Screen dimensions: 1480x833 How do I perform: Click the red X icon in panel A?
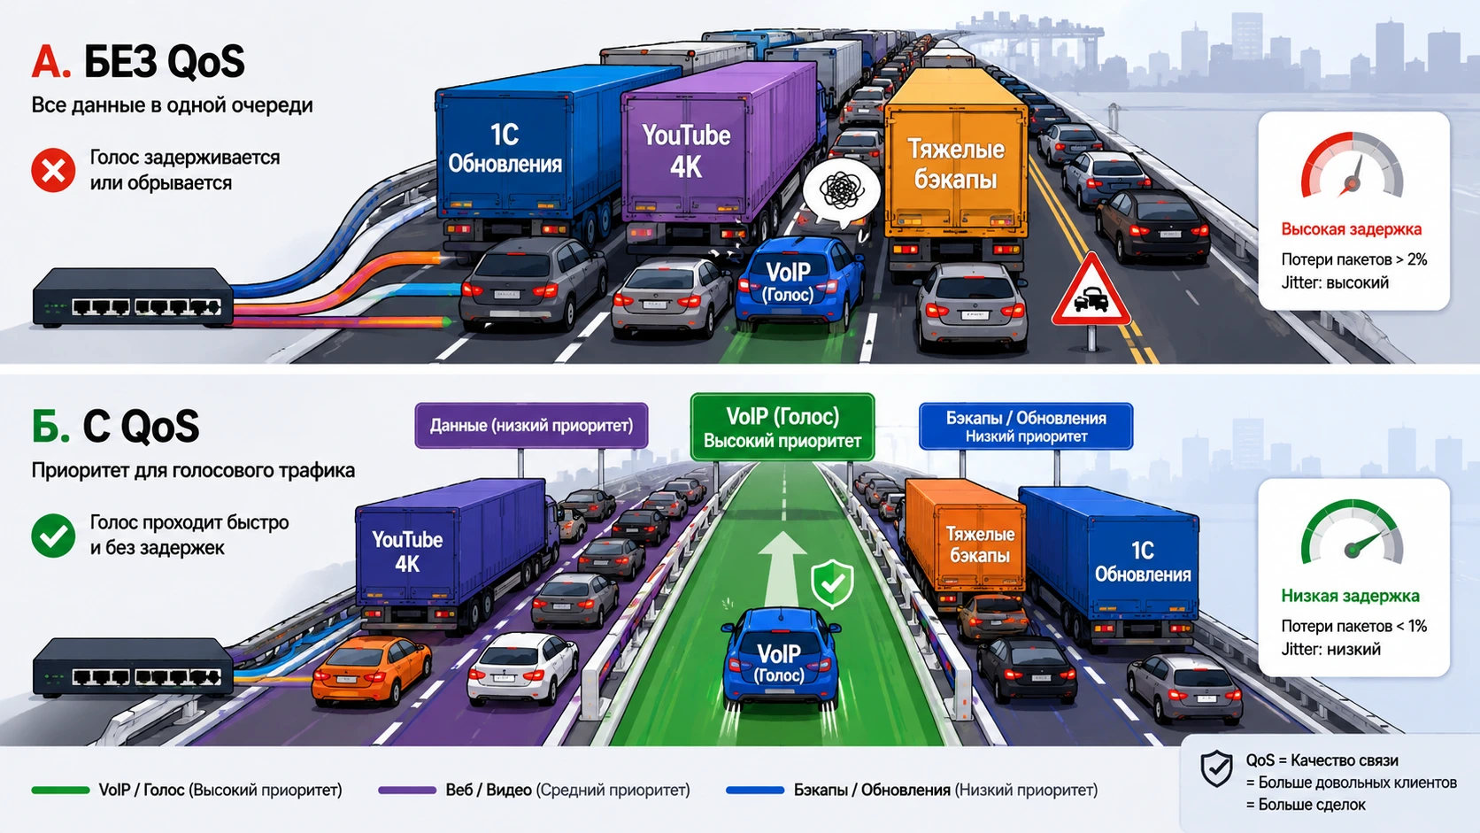tap(53, 171)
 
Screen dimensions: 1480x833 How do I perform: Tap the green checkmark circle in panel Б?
tap(53, 535)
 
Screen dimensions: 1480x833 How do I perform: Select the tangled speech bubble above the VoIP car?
tap(841, 191)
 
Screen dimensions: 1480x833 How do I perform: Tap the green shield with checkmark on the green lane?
tap(832, 582)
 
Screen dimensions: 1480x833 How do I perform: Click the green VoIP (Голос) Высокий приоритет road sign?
tap(782, 428)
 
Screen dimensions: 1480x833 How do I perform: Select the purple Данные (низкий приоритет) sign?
tap(531, 426)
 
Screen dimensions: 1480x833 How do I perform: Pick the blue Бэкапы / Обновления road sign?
tap(1025, 426)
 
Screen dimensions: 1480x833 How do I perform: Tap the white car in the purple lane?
tap(522, 667)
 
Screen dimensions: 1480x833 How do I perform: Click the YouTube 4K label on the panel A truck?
tap(687, 150)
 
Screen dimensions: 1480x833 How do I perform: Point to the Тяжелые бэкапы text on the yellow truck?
tap(955, 164)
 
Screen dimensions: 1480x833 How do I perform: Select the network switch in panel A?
tap(133, 297)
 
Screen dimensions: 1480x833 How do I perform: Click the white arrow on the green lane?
tap(782, 569)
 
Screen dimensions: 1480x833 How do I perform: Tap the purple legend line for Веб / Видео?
tap(407, 790)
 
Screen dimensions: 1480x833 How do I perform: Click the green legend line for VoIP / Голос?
tap(60, 790)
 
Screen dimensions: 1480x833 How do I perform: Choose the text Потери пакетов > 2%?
tap(1353, 259)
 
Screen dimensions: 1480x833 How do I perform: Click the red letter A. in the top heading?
tap(50, 62)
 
